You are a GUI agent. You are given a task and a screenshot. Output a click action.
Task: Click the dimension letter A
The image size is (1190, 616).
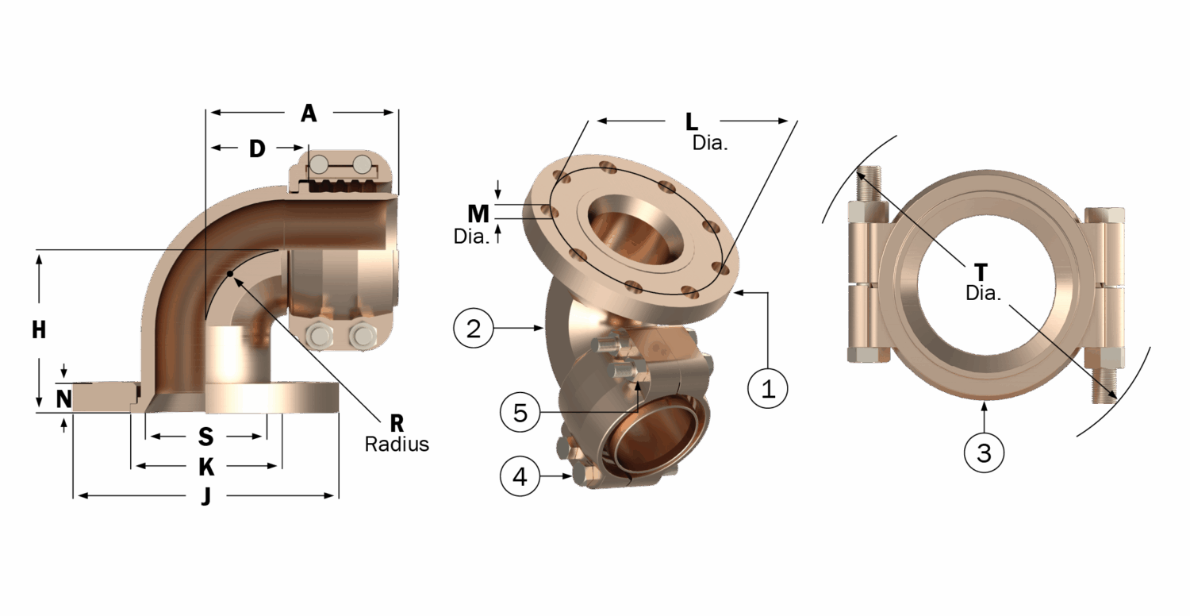pos(309,114)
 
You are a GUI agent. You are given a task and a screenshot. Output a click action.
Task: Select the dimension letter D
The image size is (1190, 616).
pos(257,148)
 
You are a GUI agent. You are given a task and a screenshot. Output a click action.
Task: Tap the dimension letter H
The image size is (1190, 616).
pos(39,330)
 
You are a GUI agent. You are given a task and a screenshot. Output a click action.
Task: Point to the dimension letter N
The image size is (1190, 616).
pos(64,398)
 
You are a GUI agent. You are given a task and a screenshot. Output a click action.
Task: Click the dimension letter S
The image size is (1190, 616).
pos(205,437)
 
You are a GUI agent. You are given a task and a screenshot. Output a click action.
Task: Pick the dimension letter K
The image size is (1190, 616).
pos(206,468)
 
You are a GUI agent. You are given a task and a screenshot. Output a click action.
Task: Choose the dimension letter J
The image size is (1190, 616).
pos(206,497)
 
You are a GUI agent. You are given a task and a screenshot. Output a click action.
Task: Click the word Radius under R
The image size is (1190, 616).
pos(397,445)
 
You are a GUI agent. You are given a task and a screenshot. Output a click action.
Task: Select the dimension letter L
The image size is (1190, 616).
pos(691,122)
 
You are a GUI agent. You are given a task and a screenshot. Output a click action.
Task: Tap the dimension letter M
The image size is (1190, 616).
pos(478,214)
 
